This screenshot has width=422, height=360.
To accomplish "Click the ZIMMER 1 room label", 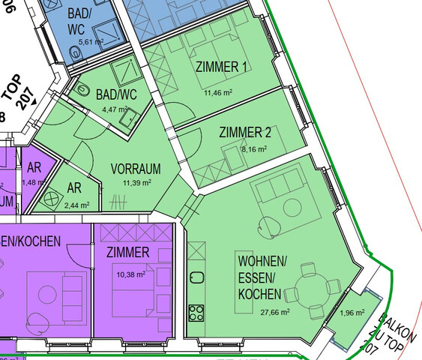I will pyautogui.click(x=221, y=67).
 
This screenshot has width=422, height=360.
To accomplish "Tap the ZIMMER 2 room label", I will pyautogui.click(x=244, y=133).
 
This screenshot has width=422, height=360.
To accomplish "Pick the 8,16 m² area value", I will pyautogui.click(x=254, y=148).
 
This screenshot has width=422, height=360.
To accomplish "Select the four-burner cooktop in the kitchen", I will pyautogui.click(x=196, y=311).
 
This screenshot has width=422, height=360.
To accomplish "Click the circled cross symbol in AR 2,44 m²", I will pyautogui.click(x=52, y=199).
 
